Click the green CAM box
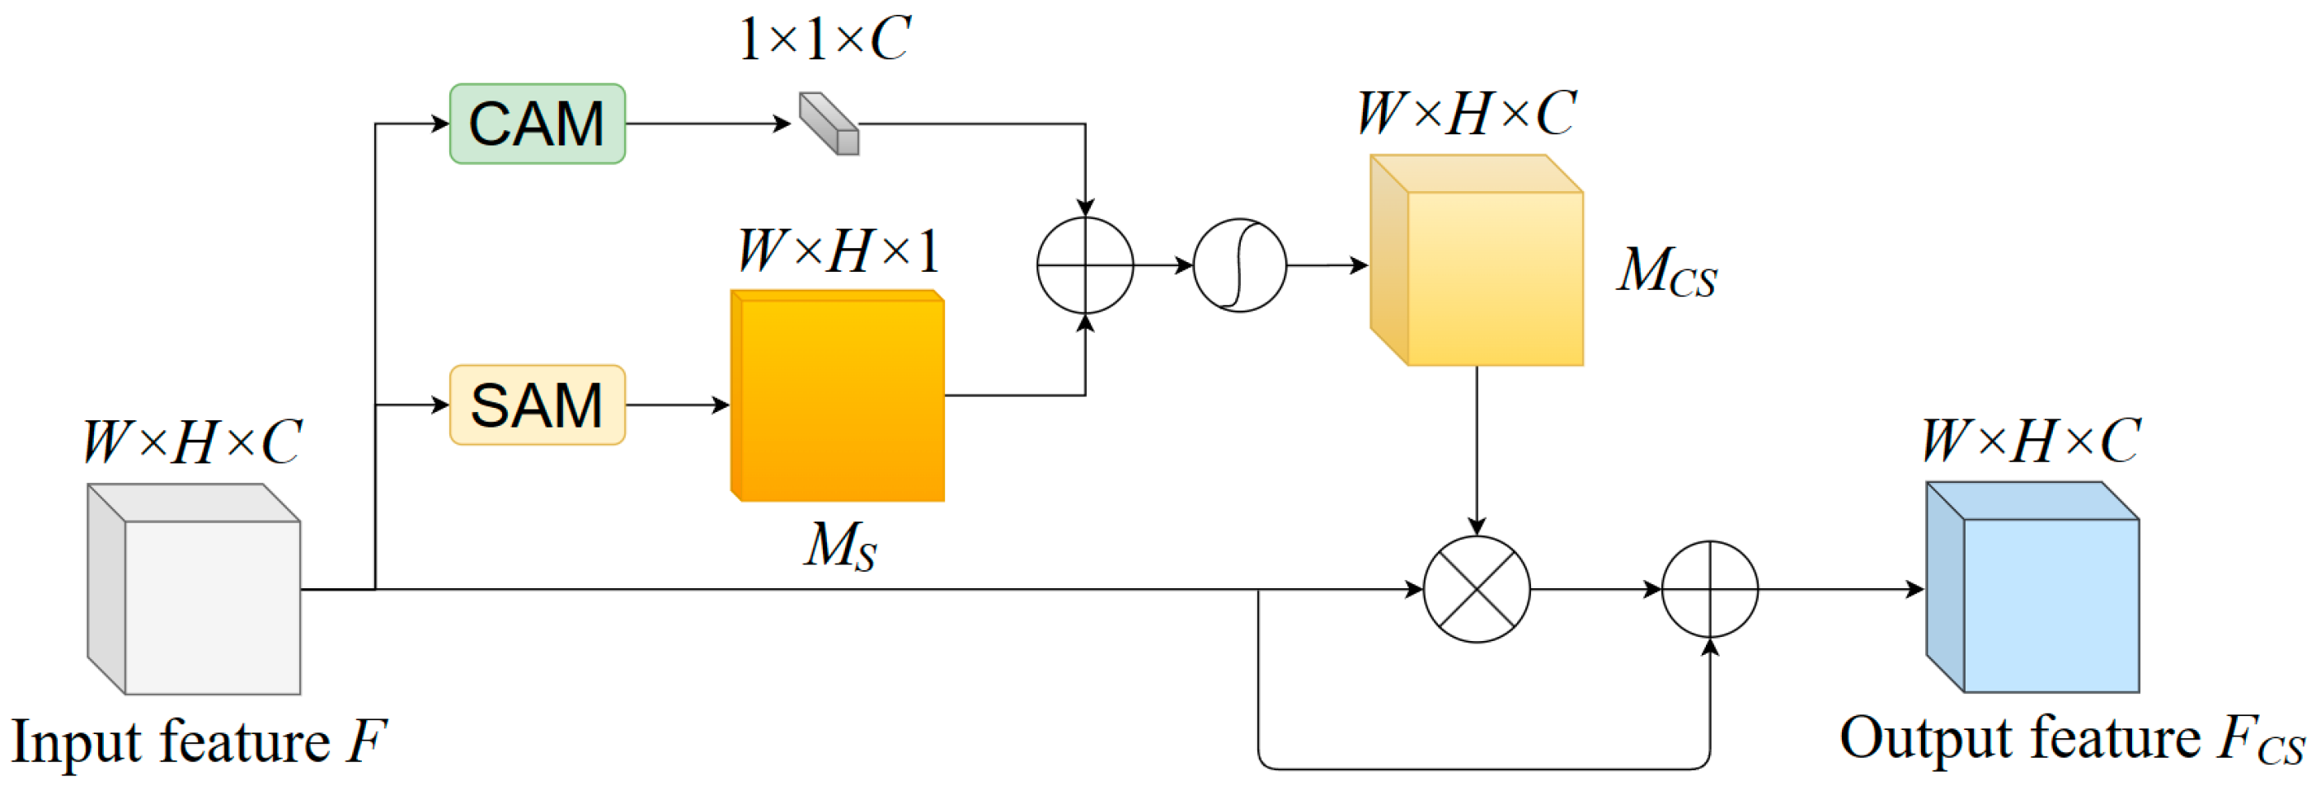coord(537,124)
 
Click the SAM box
coord(537,405)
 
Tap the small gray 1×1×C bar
coord(829,124)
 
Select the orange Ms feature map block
coord(838,395)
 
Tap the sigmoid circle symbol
coord(1240,265)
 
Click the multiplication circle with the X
coord(1477,590)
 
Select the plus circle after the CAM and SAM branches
coord(1085,265)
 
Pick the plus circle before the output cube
coord(1709,590)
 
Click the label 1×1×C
coord(824,40)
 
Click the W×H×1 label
coord(838,250)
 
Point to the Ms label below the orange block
coord(839,546)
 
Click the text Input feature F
coord(198,742)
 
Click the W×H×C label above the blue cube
coord(2030,442)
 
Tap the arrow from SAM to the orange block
coord(677,405)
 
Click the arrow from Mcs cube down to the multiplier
coord(1477,450)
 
